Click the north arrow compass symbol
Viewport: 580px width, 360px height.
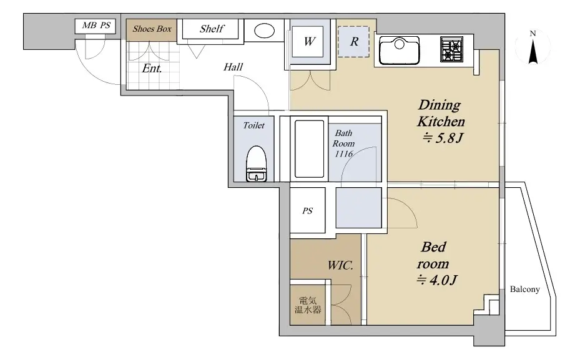(533, 47)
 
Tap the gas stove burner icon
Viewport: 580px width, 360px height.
(451, 49)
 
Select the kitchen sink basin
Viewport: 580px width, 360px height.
(400, 51)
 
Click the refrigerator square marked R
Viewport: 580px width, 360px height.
(353, 41)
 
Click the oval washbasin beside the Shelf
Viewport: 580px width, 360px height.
(265, 31)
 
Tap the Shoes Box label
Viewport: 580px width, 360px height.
(152, 29)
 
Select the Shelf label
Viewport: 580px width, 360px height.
(212, 29)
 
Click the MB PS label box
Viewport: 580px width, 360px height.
(96, 26)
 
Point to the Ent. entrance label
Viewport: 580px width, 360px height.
(152, 69)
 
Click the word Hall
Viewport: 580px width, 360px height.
(233, 67)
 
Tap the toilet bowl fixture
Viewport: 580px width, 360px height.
(257, 163)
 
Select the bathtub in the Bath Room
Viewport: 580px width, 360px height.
(309, 149)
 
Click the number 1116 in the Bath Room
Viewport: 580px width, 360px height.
(343, 153)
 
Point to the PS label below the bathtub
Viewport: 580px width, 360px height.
(307, 211)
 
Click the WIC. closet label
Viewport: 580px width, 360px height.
(340, 265)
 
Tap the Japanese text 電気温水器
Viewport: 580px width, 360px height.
(308, 305)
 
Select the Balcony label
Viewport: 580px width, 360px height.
(525, 289)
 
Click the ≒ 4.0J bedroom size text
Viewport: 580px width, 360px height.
(437, 280)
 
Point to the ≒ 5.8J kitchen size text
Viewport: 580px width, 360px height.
(443, 138)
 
